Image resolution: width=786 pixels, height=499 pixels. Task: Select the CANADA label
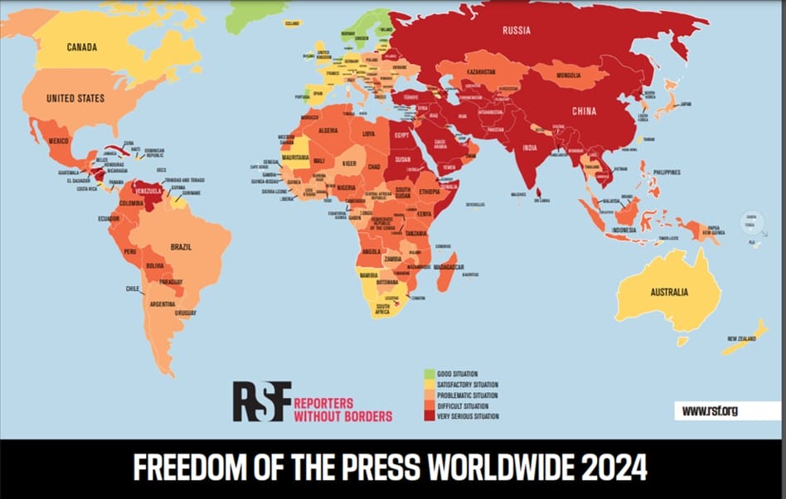click(82, 46)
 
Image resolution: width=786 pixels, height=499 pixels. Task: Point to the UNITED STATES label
click(75, 99)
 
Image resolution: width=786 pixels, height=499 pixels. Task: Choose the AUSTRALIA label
click(669, 292)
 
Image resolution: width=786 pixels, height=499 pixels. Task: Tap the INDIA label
click(530, 148)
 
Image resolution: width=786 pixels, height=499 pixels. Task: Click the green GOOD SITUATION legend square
click(429, 375)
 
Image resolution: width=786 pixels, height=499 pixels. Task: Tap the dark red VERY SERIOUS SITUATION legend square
click(429, 416)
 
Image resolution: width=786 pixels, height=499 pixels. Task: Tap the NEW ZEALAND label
click(742, 338)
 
